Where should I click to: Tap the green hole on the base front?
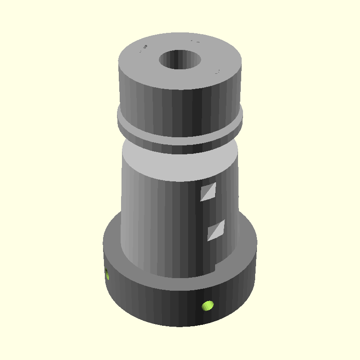click(x=207, y=306)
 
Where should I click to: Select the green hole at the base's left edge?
click(x=107, y=274)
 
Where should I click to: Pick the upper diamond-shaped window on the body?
click(x=208, y=192)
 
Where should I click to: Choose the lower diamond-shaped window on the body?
click(x=216, y=230)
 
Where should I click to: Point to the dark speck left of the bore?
click(x=144, y=47)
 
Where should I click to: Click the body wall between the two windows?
click(x=211, y=211)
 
